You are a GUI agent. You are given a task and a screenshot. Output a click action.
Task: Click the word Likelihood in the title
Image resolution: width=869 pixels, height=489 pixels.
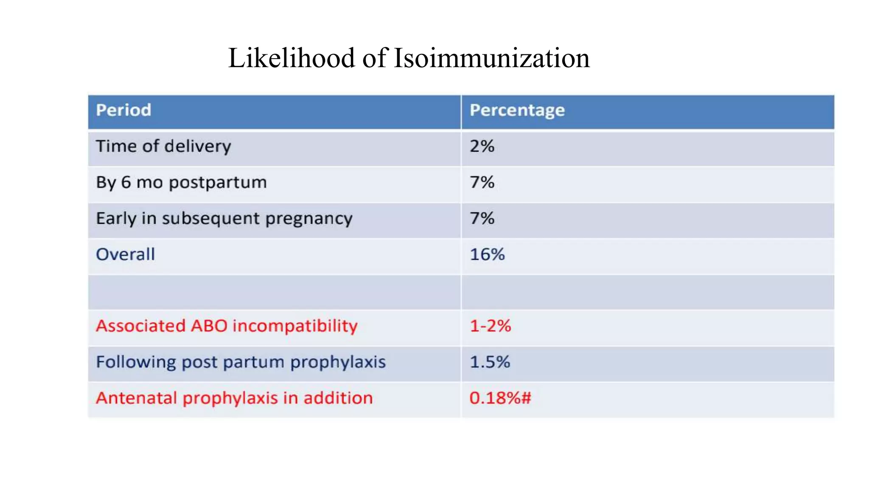click(291, 58)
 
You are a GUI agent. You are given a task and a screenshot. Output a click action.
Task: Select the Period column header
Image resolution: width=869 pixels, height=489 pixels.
click(123, 110)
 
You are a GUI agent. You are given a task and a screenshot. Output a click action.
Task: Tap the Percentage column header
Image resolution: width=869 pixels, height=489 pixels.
click(517, 110)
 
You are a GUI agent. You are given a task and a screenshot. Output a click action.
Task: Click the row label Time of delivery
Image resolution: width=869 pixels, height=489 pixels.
click(163, 146)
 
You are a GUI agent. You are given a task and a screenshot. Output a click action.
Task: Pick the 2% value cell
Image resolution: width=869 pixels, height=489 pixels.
click(482, 146)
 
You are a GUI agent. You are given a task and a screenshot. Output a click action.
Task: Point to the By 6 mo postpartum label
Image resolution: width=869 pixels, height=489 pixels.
click(181, 183)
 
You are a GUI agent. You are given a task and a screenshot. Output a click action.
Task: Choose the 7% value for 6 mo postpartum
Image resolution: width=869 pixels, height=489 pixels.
click(482, 183)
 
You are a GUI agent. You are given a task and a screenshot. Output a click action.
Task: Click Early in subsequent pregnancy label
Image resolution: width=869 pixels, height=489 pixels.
click(224, 219)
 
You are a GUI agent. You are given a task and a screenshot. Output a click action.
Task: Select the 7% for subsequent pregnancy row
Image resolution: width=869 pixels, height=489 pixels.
click(482, 219)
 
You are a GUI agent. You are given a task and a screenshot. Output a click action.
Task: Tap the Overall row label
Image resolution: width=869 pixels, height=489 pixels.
click(125, 255)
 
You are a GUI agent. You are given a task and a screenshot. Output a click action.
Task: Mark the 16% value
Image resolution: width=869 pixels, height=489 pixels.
click(487, 255)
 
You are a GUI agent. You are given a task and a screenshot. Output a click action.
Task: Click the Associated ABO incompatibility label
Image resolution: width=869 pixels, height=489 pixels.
click(227, 326)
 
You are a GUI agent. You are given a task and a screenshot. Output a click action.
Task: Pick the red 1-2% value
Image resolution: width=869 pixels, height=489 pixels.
click(490, 326)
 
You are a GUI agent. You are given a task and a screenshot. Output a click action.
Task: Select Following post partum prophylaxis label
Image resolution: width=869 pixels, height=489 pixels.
click(241, 362)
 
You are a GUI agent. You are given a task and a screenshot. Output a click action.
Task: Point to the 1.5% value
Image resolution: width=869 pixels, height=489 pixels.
click(490, 362)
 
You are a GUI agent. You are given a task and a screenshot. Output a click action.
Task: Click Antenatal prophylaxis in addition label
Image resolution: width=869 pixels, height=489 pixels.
click(234, 398)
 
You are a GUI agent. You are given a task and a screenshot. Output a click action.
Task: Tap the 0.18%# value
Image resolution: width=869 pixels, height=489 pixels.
click(500, 398)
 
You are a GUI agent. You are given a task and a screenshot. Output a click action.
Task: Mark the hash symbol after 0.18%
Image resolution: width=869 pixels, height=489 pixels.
click(526, 398)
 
